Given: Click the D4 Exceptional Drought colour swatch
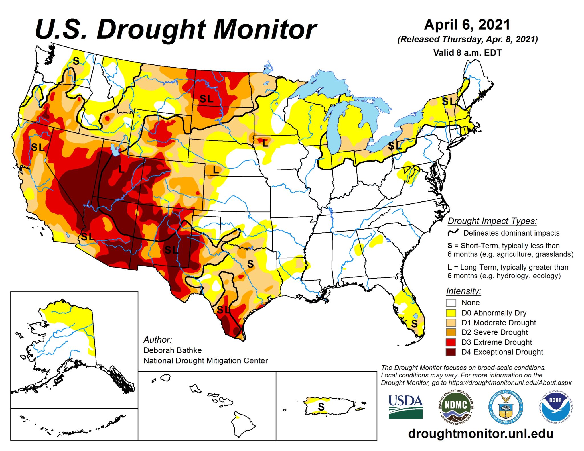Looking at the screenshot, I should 451,352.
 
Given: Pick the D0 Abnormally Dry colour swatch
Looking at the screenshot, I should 451,313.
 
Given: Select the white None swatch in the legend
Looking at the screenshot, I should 451,303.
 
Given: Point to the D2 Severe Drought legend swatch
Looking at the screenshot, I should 451,332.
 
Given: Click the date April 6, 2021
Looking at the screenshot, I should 467,25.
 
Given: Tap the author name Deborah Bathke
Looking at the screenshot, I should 173,350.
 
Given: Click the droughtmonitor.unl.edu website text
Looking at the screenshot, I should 481,434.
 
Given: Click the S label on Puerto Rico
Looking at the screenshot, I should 321,407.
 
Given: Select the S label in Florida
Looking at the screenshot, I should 414,324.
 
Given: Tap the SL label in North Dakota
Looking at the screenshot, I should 206,99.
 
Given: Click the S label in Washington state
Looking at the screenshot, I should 76,61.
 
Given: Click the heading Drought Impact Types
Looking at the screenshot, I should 492,221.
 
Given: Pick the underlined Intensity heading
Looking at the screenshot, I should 463,291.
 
